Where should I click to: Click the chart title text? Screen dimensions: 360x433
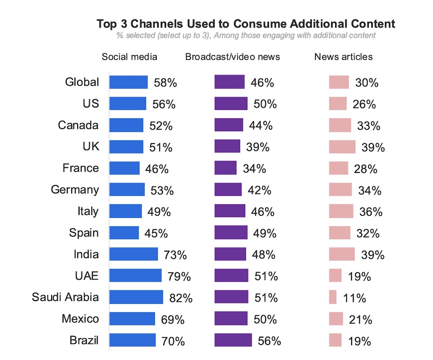click(x=246, y=24)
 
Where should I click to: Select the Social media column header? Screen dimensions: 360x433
click(x=129, y=57)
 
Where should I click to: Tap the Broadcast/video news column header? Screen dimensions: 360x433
click(x=232, y=57)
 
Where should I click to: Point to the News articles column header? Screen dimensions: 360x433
click(x=343, y=57)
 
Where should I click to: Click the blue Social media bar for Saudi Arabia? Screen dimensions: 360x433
click(x=136, y=297)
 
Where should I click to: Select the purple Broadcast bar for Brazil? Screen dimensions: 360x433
click(x=233, y=340)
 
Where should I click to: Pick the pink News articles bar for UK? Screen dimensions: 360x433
click(x=342, y=147)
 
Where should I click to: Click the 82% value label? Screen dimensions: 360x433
click(x=181, y=298)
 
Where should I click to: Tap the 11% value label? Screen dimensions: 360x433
click(x=354, y=298)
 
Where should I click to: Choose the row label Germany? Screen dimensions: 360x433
click(x=75, y=190)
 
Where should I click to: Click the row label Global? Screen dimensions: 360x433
click(x=82, y=82)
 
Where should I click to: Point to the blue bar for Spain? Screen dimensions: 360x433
click(x=124, y=233)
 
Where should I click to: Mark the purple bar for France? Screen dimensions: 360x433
click(x=225, y=168)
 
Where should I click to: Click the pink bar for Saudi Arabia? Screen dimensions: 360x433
click(x=332, y=297)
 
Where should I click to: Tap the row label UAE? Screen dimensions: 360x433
click(x=86, y=276)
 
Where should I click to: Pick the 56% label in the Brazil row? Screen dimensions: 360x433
click(x=269, y=341)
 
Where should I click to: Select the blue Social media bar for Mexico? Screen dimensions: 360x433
click(x=132, y=319)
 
